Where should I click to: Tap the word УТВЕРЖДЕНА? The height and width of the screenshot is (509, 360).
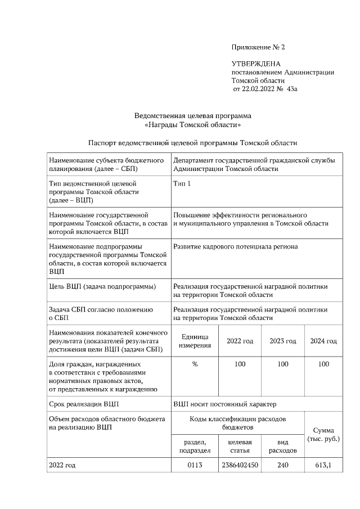click(x=256, y=64)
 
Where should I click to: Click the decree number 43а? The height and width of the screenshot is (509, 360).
click(x=292, y=89)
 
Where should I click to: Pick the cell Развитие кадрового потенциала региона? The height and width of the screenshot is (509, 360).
click(x=236, y=246)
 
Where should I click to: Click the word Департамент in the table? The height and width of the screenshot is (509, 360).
click(x=196, y=160)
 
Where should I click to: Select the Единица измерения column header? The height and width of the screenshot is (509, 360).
click(x=195, y=341)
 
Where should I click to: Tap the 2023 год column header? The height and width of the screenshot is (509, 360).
click(x=283, y=341)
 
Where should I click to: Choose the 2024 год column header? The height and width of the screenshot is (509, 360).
click(x=323, y=341)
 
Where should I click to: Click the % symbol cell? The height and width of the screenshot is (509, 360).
click(x=195, y=364)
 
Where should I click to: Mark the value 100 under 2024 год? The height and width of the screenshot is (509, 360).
click(x=323, y=364)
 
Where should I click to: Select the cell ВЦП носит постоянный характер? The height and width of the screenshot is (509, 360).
click(x=225, y=404)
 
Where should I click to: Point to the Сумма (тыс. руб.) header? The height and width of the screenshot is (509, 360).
click(x=323, y=434)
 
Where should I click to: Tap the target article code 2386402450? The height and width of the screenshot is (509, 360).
click(x=240, y=465)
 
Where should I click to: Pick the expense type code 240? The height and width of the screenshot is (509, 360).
click(x=283, y=465)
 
